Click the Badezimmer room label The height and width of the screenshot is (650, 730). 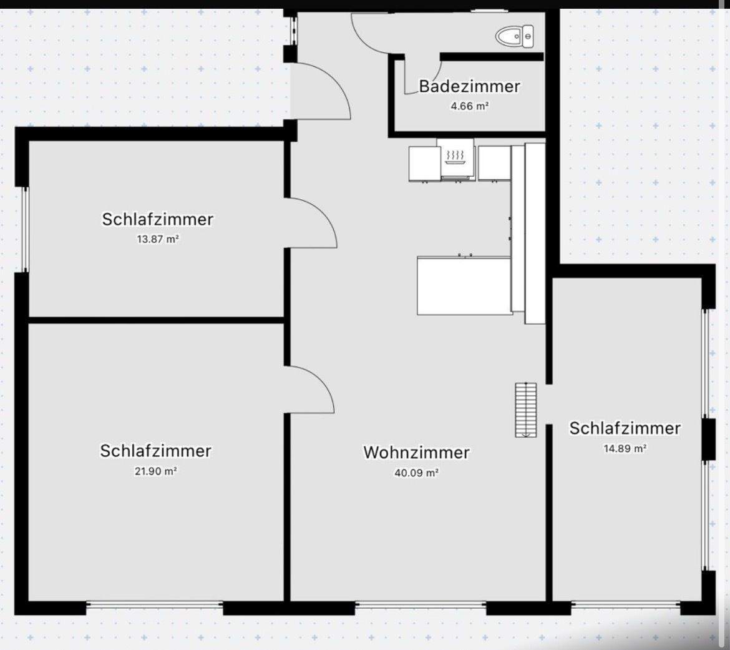tap(469, 86)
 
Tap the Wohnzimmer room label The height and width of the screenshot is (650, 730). tap(416, 452)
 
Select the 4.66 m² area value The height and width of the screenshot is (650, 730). tap(469, 106)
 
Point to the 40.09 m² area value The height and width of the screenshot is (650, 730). tap(416, 473)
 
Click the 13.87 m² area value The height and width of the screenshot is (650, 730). tap(158, 239)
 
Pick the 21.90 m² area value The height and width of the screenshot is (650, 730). tap(156, 471)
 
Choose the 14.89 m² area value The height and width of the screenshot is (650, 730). tap(625, 448)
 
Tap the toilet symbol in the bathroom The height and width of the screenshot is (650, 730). tap(515, 36)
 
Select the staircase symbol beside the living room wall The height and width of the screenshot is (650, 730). tap(526, 410)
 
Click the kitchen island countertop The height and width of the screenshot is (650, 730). tap(464, 286)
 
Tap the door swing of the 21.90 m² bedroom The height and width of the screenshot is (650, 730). tap(310, 390)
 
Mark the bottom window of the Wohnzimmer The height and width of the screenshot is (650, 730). tap(421, 604)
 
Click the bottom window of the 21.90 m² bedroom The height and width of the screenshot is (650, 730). tap(154, 604)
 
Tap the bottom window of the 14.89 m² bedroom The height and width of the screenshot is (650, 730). tap(626, 604)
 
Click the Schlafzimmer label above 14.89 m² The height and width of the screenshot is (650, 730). tap(625, 428)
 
